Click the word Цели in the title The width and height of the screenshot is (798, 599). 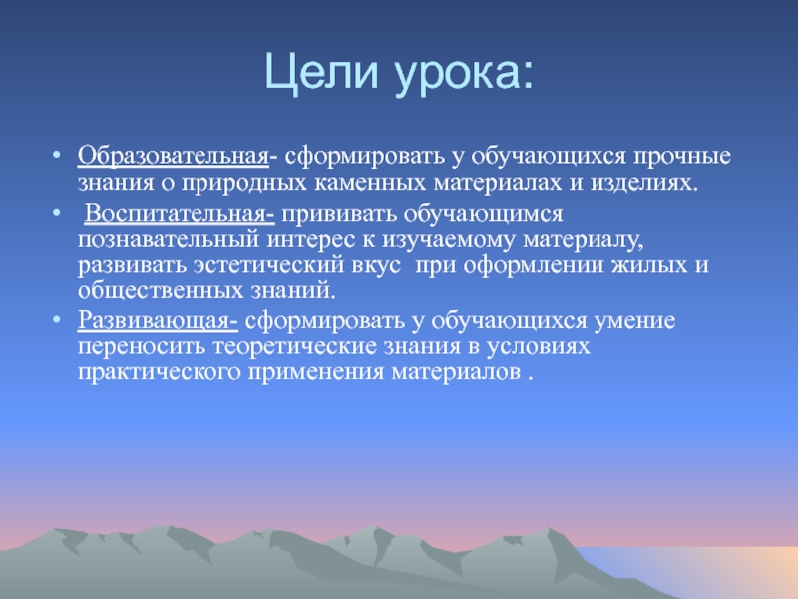pos(322,72)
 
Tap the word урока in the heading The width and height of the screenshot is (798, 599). pos(458,77)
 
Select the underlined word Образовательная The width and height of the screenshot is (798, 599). pos(173,156)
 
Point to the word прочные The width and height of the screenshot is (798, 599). pos(681,157)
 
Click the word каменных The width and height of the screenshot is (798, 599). pos(369,183)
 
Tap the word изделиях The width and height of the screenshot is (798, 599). pos(643,183)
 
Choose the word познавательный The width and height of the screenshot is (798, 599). pos(169,239)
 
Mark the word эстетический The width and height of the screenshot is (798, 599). pos(268,265)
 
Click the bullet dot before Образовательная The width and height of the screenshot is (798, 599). pos(57,155)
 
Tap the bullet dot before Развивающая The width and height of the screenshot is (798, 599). pos(57,319)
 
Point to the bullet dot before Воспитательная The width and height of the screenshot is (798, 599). pos(57,212)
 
